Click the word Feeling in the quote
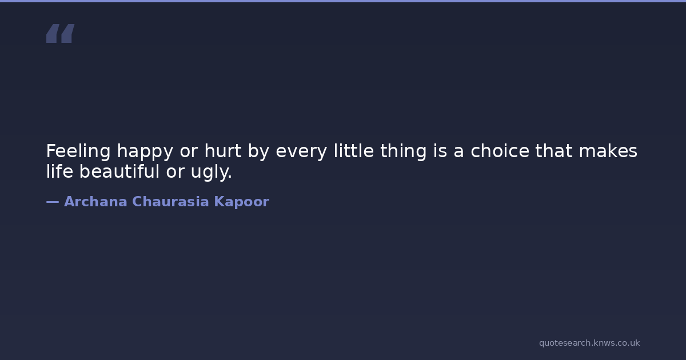(x=78, y=151)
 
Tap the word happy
(x=145, y=152)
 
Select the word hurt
(x=223, y=151)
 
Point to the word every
(x=301, y=152)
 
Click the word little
(x=354, y=151)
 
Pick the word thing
(x=404, y=151)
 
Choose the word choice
(x=500, y=151)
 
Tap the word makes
(x=608, y=151)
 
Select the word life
(x=59, y=171)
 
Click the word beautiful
(x=119, y=171)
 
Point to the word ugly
(x=212, y=172)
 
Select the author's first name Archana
(x=95, y=201)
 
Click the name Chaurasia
(x=170, y=201)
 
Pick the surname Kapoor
(x=242, y=202)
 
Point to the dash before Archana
(x=53, y=202)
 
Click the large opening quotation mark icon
(x=61, y=33)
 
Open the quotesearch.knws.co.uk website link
(x=589, y=343)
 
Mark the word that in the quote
(x=554, y=151)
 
